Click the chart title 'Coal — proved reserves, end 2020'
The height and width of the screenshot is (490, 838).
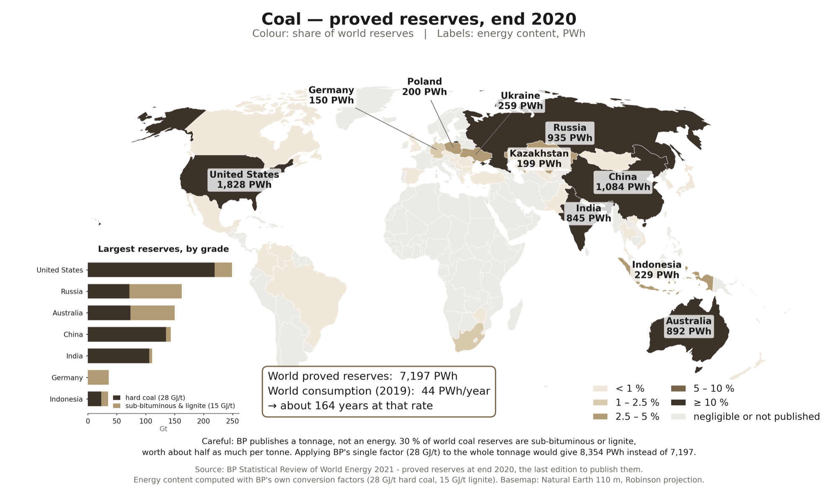point(419,19)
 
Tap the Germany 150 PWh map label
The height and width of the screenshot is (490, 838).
point(331,95)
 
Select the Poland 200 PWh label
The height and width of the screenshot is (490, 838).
point(424,87)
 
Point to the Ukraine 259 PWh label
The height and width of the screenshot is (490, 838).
point(520,101)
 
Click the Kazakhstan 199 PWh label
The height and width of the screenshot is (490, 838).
point(539,158)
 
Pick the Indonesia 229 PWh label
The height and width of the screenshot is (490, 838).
point(657,270)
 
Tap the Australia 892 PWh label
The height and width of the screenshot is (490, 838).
point(689,326)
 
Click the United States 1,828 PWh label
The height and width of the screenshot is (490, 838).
point(244,180)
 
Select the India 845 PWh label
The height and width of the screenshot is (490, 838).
point(589,213)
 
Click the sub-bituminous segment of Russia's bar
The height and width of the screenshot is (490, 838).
point(155,291)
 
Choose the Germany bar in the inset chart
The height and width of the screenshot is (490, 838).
point(98,377)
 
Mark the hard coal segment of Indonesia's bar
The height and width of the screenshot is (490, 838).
point(94,399)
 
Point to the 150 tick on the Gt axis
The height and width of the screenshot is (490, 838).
point(174,421)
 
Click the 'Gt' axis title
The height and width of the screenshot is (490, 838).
point(163,429)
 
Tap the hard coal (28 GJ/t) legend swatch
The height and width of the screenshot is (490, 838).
point(116,397)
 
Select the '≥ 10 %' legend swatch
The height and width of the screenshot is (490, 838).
point(678,402)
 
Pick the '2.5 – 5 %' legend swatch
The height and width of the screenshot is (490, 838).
point(600,417)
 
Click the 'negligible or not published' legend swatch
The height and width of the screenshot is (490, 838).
point(678,417)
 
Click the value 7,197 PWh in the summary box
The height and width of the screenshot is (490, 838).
point(428,376)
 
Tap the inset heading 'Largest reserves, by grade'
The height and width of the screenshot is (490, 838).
point(163,249)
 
